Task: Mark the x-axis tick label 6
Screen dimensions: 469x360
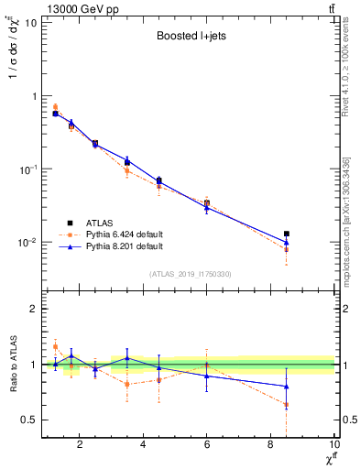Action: pyautogui.click(x=207, y=446)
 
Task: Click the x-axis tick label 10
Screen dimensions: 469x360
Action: pyautogui.click(x=333, y=446)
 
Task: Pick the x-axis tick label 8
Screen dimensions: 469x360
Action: pyautogui.click(x=271, y=446)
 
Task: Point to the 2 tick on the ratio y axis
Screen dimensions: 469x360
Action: pyautogui.click(x=34, y=309)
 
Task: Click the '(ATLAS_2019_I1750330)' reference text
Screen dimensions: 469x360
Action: pyautogui.click(x=190, y=274)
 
